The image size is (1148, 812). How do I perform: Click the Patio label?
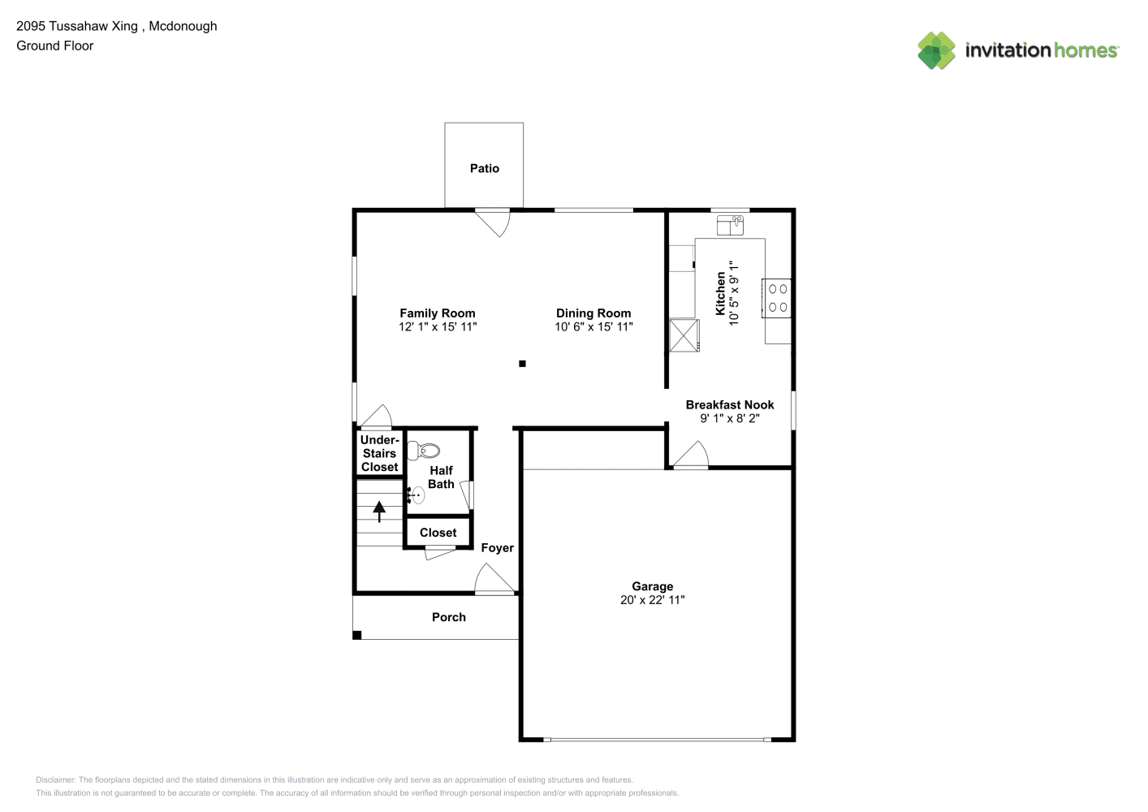(x=485, y=168)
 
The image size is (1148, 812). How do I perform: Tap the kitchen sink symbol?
(x=730, y=225)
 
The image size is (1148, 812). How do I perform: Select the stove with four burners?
(x=776, y=298)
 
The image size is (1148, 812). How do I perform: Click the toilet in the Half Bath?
(x=423, y=451)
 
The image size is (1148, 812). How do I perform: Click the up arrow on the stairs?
(x=379, y=511)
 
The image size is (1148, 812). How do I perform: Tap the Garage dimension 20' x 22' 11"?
(x=653, y=600)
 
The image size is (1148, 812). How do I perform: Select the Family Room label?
(x=437, y=313)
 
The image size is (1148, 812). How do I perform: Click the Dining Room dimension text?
(x=593, y=326)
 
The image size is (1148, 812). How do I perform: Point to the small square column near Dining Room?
(x=522, y=364)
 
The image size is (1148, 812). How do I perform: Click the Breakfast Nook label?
(x=730, y=404)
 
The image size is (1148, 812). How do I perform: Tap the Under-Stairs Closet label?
(x=379, y=453)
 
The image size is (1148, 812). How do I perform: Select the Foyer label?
(x=497, y=548)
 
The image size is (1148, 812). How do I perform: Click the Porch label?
(x=448, y=617)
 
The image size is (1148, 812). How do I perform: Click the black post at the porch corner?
(x=357, y=635)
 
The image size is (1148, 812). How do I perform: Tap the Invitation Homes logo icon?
(x=936, y=50)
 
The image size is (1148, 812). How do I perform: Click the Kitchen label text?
(x=721, y=293)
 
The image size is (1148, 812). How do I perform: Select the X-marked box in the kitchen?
(x=684, y=336)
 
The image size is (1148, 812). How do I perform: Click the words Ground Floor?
(x=55, y=45)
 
